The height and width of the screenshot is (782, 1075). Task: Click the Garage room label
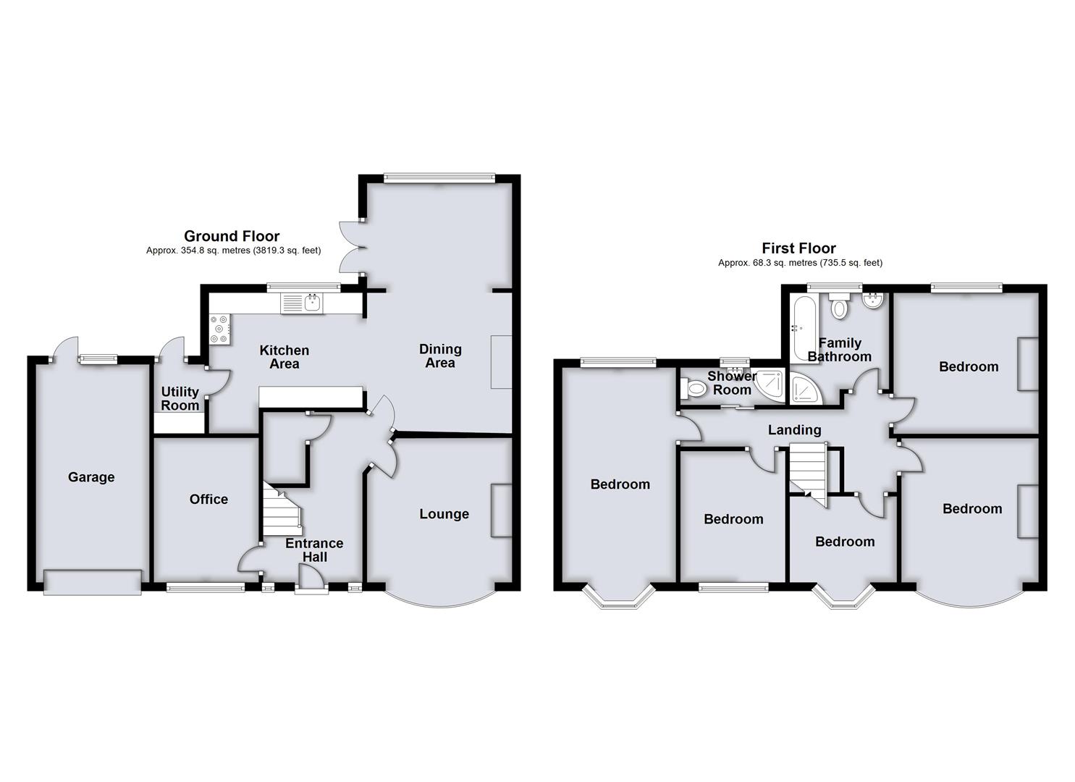(91, 477)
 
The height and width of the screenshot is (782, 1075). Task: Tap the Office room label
(208, 499)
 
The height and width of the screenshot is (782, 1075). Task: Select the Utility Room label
(180, 398)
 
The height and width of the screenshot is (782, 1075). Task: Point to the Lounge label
(444, 514)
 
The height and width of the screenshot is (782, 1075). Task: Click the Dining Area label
(440, 356)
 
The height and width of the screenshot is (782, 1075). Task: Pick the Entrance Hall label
(314, 550)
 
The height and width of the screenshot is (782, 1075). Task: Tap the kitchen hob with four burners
(219, 329)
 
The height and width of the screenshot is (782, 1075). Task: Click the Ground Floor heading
(232, 236)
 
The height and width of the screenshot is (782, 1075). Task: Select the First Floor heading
(798, 248)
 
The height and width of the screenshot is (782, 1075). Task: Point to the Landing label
(794, 430)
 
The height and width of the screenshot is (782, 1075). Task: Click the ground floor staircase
(282, 506)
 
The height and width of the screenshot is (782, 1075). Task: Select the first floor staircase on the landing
(808, 471)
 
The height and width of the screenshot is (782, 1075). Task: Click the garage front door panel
(93, 582)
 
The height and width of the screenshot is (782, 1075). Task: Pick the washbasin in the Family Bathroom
(874, 301)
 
